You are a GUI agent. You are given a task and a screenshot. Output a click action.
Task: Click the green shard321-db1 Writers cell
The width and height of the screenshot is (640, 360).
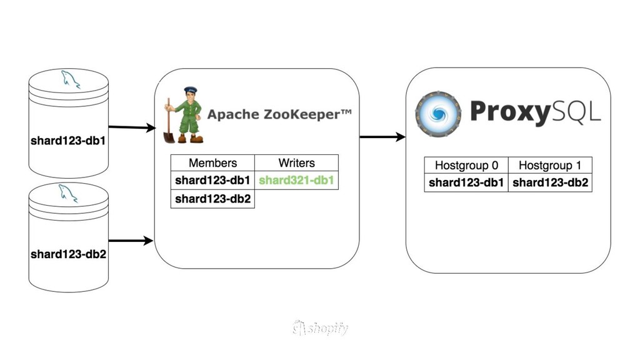(x=296, y=181)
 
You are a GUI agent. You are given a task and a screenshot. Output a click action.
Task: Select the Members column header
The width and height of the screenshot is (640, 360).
(x=212, y=163)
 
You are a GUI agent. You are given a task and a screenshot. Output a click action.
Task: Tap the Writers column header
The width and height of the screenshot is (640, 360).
(x=296, y=163)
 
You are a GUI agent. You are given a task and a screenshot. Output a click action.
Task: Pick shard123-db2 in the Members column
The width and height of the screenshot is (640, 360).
(x=212, y=199)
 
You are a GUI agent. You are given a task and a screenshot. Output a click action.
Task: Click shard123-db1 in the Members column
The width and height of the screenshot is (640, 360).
(x=212, y=181)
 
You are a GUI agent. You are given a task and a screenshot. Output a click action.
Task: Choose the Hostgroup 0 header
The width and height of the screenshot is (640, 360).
(x=466, y=166)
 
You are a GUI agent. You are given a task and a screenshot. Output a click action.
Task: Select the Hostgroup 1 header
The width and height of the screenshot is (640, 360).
(x=550, y=166)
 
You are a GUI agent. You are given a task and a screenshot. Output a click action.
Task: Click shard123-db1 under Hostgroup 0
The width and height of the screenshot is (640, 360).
(x=466, y=183)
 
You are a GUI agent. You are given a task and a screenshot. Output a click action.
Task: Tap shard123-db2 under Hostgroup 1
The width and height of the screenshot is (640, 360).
(x=550, y=183)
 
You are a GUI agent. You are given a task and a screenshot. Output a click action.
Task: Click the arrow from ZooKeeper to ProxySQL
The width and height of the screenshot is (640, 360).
(x=382, y=137)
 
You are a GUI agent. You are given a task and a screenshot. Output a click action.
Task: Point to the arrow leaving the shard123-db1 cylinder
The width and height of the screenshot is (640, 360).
(x=132, y=127)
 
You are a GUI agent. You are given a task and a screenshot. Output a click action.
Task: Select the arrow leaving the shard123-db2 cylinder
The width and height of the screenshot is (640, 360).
(x=131, y=241)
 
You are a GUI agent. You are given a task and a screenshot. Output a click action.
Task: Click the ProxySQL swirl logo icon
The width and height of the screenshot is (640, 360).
(x=438, y=114)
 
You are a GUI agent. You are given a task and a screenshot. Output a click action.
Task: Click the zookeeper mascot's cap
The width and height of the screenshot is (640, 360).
(x=190, y=91)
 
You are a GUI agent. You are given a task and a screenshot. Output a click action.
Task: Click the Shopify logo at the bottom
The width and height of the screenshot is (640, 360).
(x=320, y=328)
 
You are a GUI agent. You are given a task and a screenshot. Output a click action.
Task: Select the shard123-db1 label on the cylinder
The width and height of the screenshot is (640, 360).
(x=68, y=141)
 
